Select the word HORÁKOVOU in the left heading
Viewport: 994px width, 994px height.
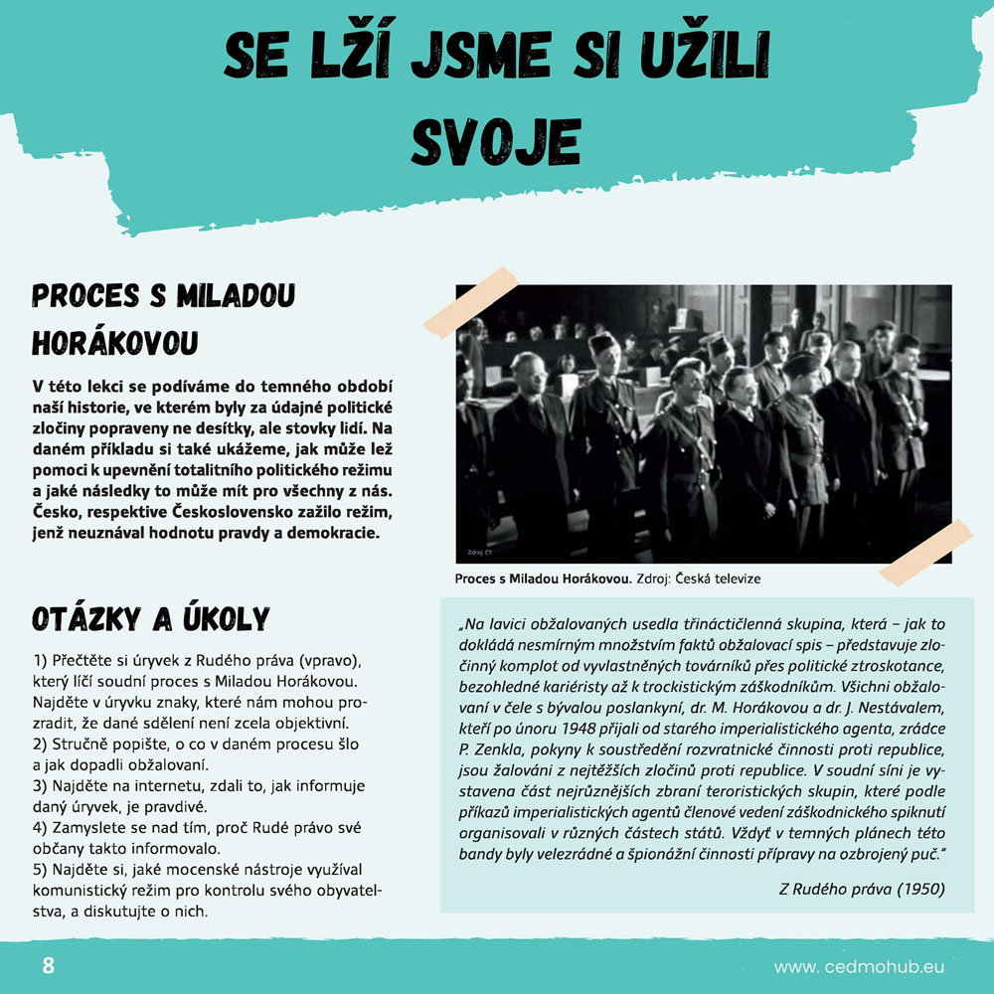115,342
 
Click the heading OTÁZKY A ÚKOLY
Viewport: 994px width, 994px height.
150,618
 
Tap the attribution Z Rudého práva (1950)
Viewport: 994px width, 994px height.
861,888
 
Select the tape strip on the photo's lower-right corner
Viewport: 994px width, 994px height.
925,552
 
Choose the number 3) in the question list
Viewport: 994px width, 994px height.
40,780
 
